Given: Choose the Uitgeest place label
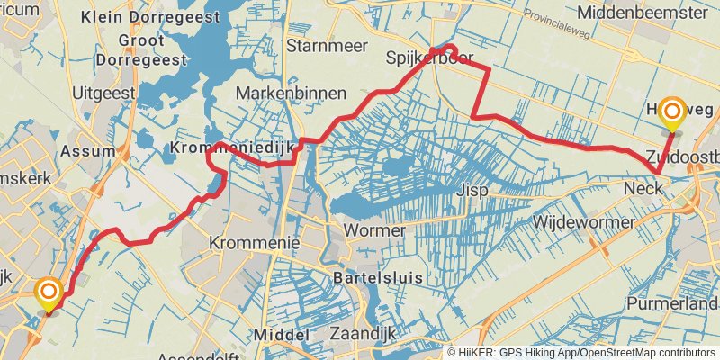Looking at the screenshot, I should coord(104,92).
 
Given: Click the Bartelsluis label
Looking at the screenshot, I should coord(378,278).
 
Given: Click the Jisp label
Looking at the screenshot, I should coord(472,191).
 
